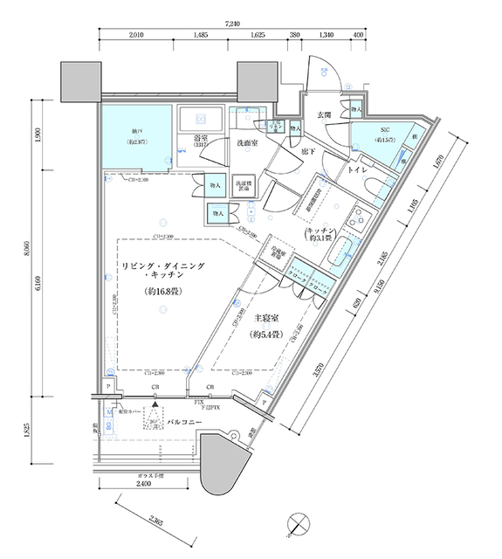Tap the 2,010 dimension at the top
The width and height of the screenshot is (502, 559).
pos(135,36)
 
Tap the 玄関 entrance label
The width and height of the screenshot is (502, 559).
pos(324,114)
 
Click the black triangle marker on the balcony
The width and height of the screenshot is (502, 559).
pos(155,405)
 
